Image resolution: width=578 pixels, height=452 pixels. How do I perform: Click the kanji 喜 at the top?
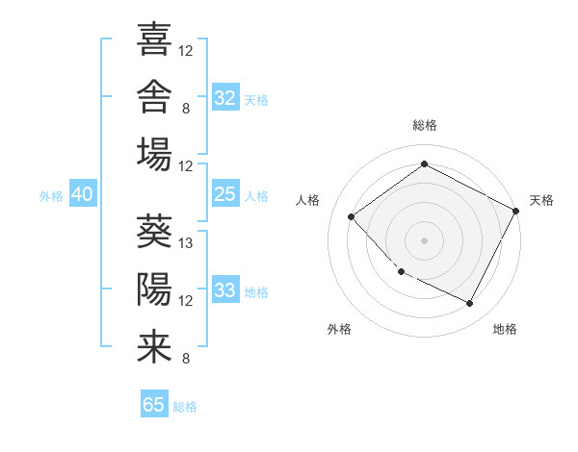(154, 38)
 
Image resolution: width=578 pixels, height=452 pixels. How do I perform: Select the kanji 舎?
(154, 96)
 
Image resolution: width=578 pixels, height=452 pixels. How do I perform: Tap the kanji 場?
(154, 154)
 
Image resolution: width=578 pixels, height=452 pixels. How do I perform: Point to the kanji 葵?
(154, 231)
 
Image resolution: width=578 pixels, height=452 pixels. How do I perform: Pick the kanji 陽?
(154, 289)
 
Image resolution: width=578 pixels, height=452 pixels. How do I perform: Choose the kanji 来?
(154, 347)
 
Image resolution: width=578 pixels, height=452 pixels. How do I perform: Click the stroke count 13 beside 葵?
(185, 243)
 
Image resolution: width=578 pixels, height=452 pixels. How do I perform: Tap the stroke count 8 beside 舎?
(186, 109)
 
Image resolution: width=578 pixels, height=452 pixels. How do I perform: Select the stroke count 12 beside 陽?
(185, 301)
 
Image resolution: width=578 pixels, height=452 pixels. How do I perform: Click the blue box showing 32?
(225, 97)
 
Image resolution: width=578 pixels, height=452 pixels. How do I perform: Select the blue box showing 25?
(225, 193)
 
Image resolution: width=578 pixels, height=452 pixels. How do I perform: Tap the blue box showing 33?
(225, 289)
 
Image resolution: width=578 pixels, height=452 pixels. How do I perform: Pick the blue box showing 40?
(83, 193)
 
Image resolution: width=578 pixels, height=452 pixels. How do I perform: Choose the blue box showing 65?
(154, 403)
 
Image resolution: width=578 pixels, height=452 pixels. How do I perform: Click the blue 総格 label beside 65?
(185, 407)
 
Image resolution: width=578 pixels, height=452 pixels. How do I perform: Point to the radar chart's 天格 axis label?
(541, 200)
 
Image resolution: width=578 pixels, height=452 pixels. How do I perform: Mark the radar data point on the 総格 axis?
(424, 163)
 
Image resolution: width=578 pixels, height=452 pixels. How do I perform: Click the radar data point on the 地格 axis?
(469, 303)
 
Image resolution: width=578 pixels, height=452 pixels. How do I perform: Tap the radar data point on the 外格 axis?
(402, 271)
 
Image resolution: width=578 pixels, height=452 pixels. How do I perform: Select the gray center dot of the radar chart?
(424, 240)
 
